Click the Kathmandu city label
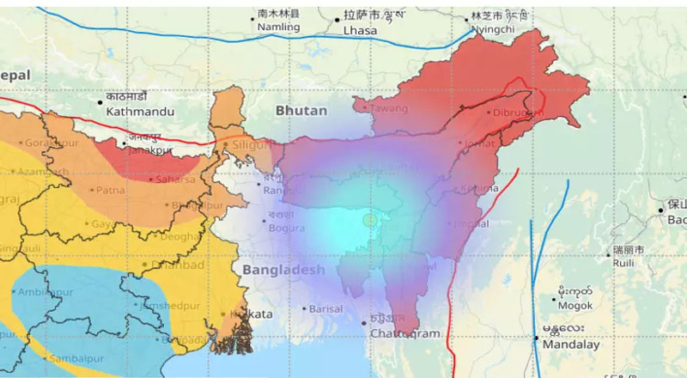(x=140, y=112)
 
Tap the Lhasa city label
(x=360, y=31)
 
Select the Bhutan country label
(x=301, y=111)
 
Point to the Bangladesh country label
(x=283, y=270)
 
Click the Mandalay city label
(x=571, y=344)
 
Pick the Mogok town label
(x=575, y=305)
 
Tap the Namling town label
(x=279, y=28)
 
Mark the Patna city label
(x=109, y=190)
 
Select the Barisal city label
(x=327, y=308)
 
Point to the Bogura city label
(x=286, y=228)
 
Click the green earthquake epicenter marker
(x=370, y=221)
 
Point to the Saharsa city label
(x=173, y=180)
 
